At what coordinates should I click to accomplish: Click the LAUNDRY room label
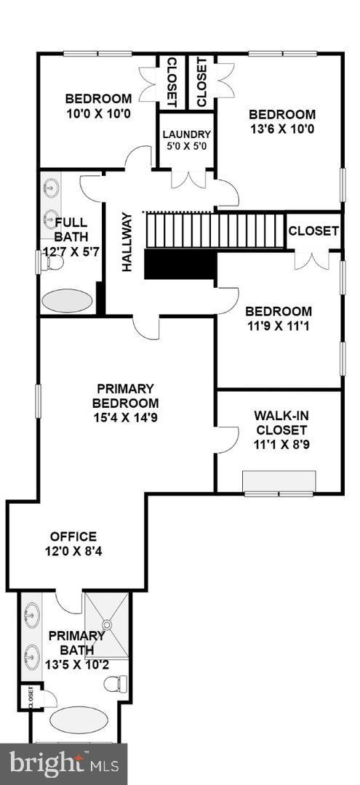[x=186, y=134]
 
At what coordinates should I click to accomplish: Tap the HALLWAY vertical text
[x=127, y=241]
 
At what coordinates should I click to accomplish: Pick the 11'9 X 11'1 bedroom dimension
[x=279, y=326]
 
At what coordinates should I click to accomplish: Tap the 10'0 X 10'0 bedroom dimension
[x=98, y=114]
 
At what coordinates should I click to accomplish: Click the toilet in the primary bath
[x=116, y=684]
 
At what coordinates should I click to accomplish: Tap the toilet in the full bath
[x=52, y=264]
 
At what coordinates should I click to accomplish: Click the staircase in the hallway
[x=215, y=230]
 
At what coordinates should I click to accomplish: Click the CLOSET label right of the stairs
[x=313, y=231]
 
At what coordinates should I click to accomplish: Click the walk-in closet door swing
[x=227, y=439]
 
